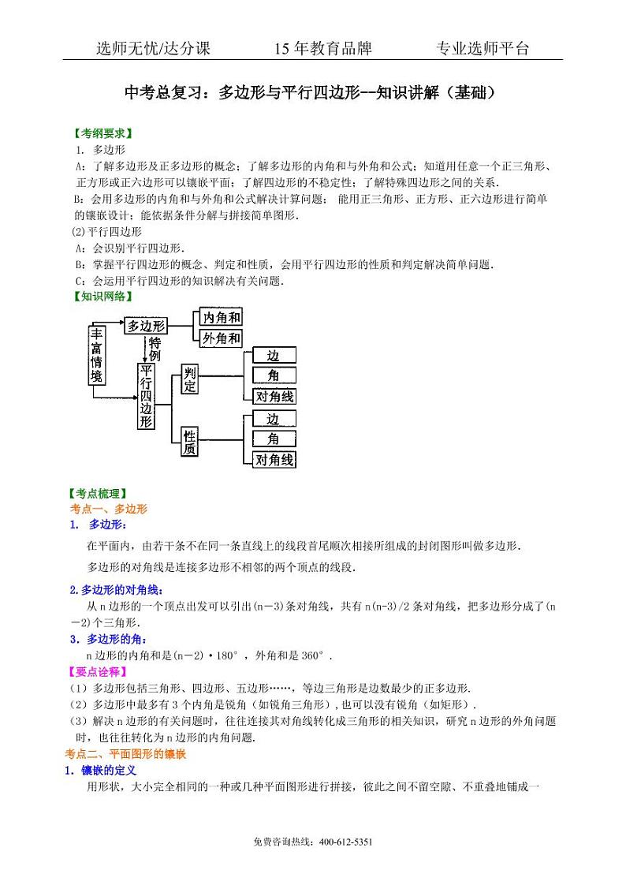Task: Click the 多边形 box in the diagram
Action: click(146, 325)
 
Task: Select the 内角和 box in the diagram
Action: click(221, 317)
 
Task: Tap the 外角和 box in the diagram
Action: click(221, 338)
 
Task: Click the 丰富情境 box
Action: click(96, 356)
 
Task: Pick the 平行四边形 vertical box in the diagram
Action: click(146, 397)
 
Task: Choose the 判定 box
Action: click(190, 380)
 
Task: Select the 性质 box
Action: click(190, 442)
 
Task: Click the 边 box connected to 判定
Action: click(274, 355)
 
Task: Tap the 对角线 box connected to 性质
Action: click(274, 460)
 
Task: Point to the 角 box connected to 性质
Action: click(274, 439)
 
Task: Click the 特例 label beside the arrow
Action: click(155, 349)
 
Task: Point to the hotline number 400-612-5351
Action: click(345, 842)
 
